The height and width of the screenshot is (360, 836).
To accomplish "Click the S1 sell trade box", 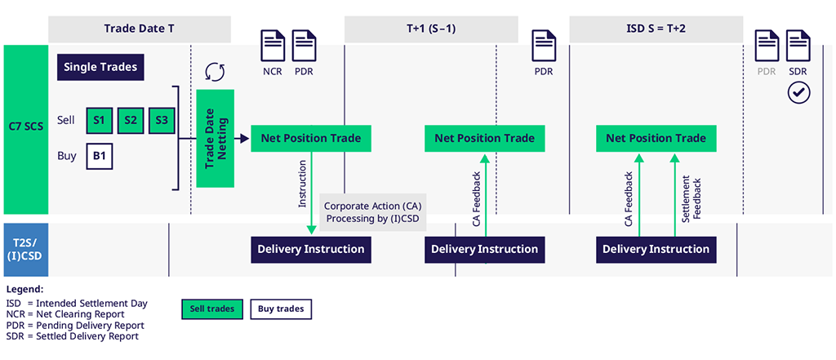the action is (x=99, y=121).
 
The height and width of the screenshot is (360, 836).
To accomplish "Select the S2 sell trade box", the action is (x=131, y=121).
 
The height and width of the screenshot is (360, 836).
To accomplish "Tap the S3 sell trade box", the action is (x=162, y=121).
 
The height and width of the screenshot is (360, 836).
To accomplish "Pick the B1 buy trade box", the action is (x=99, y=156).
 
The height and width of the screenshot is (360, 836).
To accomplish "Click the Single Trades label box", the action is (x=100, y=67).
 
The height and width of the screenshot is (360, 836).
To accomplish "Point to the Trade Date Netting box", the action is (x=216, y=138).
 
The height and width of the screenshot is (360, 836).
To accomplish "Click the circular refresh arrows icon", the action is (x=215, y=72).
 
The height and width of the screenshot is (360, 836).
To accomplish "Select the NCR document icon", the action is (x=272, y=46).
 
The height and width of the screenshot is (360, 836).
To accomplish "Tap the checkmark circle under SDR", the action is (x=798, y=93).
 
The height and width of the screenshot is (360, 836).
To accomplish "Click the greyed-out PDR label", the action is (x=766, y=72).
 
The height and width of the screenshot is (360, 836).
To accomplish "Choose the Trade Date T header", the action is (x=139, y=29).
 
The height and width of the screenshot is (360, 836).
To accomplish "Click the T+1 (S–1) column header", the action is (x=431, y=29).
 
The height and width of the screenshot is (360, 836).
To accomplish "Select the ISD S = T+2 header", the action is (x=656, y=29).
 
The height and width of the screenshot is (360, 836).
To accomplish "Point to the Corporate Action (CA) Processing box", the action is (x=373, y=212).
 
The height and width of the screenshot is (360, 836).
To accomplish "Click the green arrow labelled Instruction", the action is (x=311, y=193).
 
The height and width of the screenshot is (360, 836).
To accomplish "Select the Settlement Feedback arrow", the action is (x=674, y=195).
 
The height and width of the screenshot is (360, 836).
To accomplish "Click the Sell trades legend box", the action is (x=212, y=309).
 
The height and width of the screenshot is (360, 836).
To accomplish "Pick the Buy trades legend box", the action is (x=281, y=309).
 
